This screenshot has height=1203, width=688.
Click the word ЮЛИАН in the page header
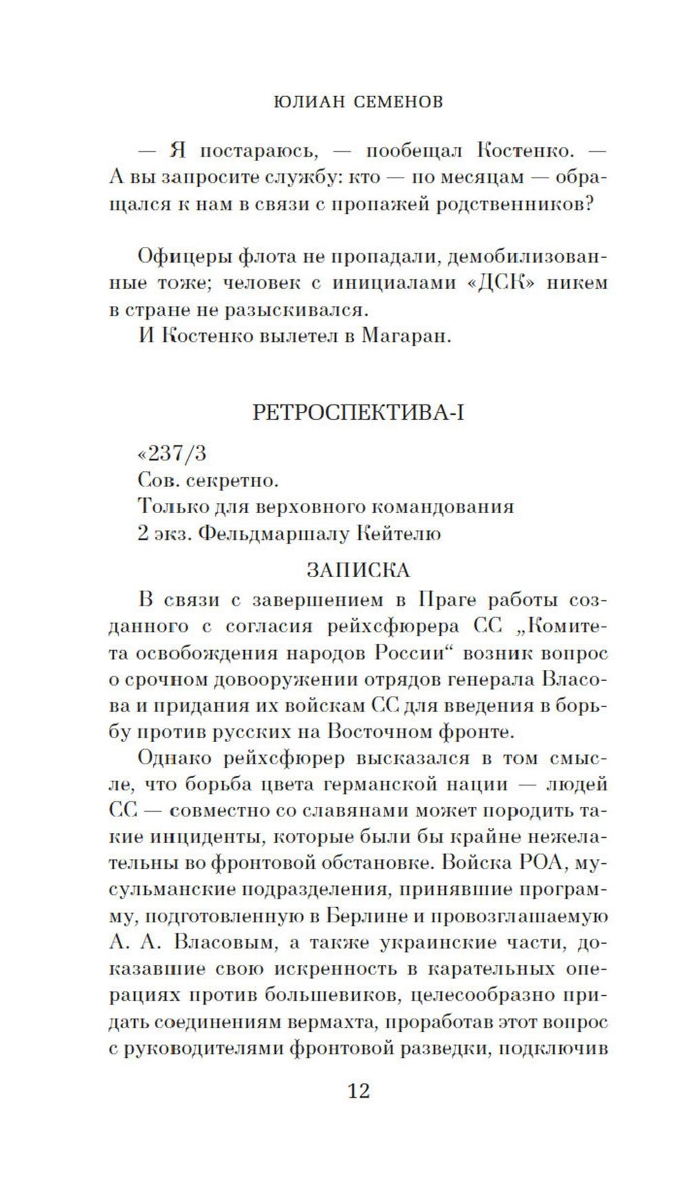coord(310,102)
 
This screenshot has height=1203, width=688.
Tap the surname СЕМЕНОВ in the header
coord(399,102)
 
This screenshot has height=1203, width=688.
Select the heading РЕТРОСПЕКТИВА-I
coord(358,412)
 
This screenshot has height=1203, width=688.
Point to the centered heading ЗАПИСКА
coord(358,570)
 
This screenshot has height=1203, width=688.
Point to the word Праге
coord(447,599)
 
